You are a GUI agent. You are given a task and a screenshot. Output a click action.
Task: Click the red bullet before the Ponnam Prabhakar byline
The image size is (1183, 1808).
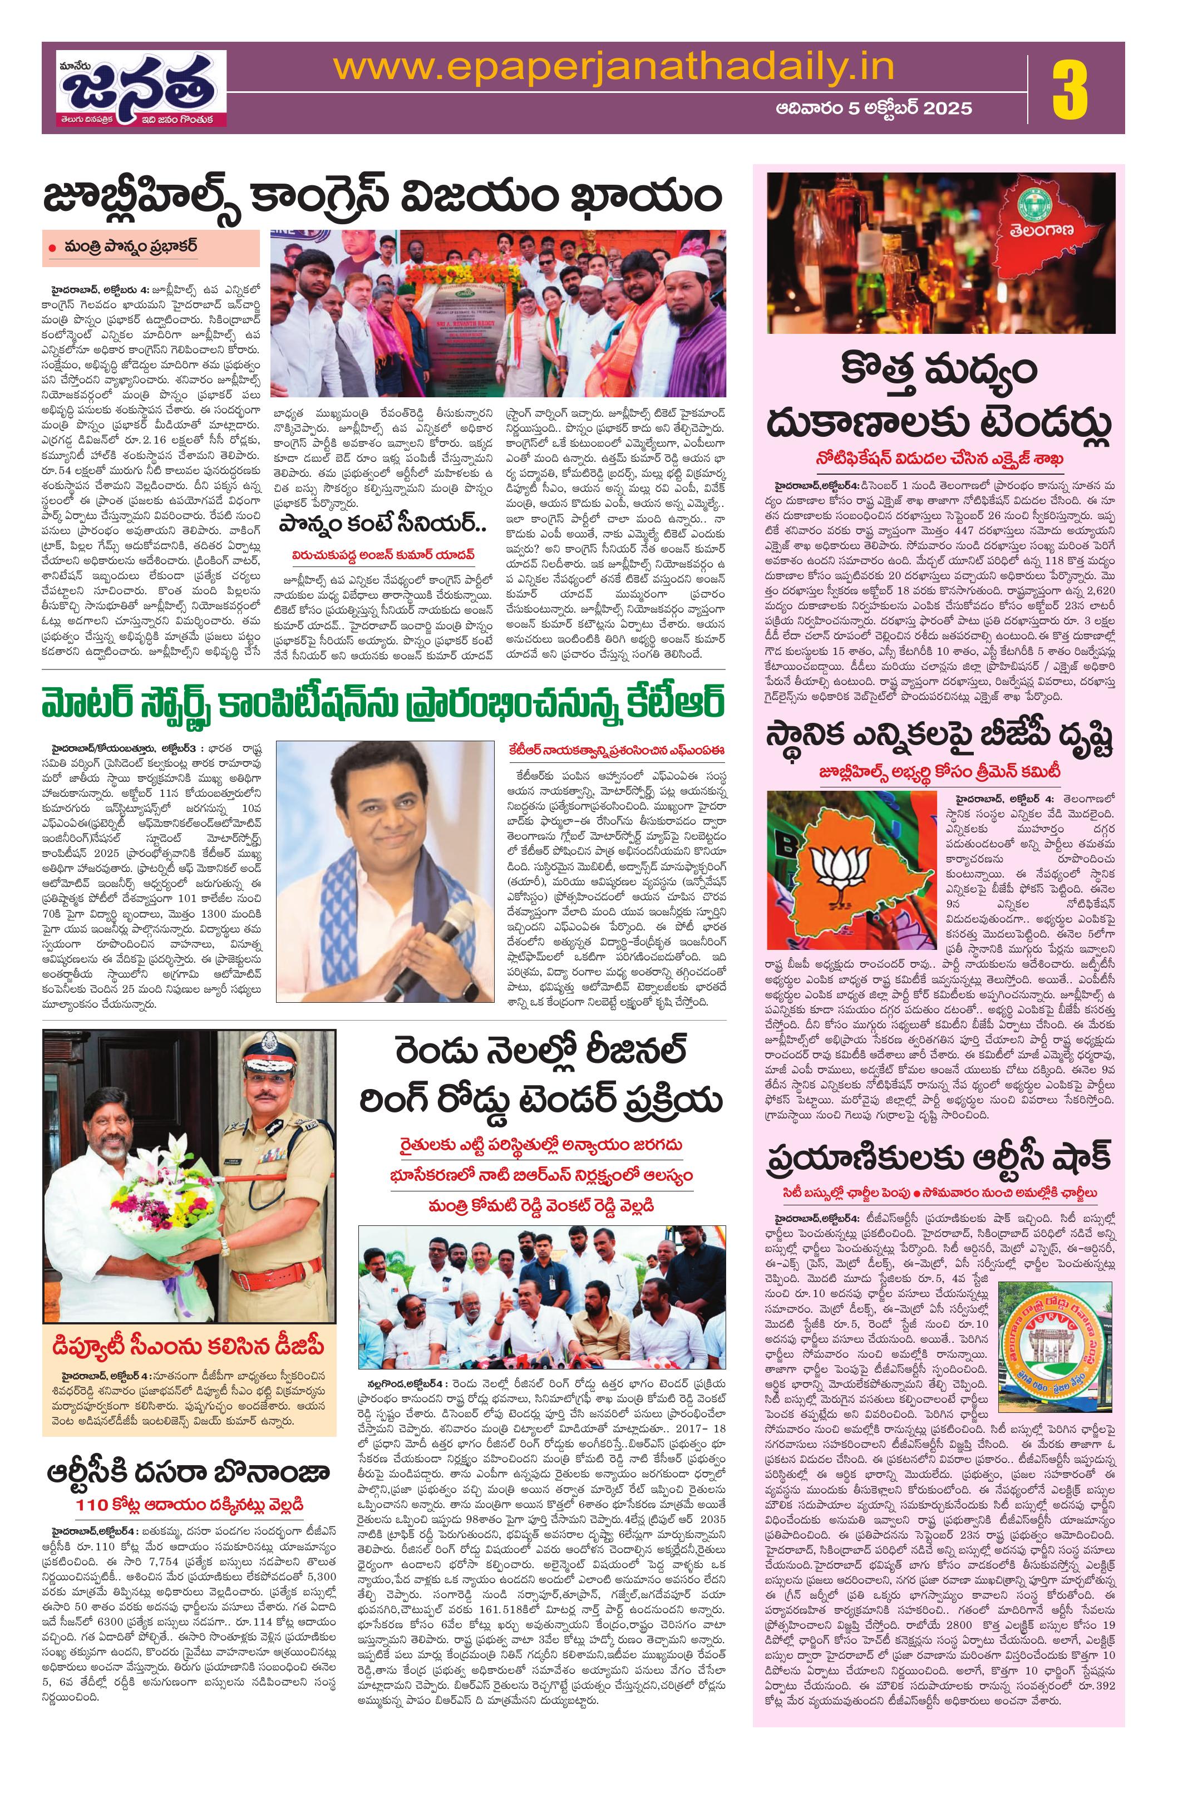pos(52,248)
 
